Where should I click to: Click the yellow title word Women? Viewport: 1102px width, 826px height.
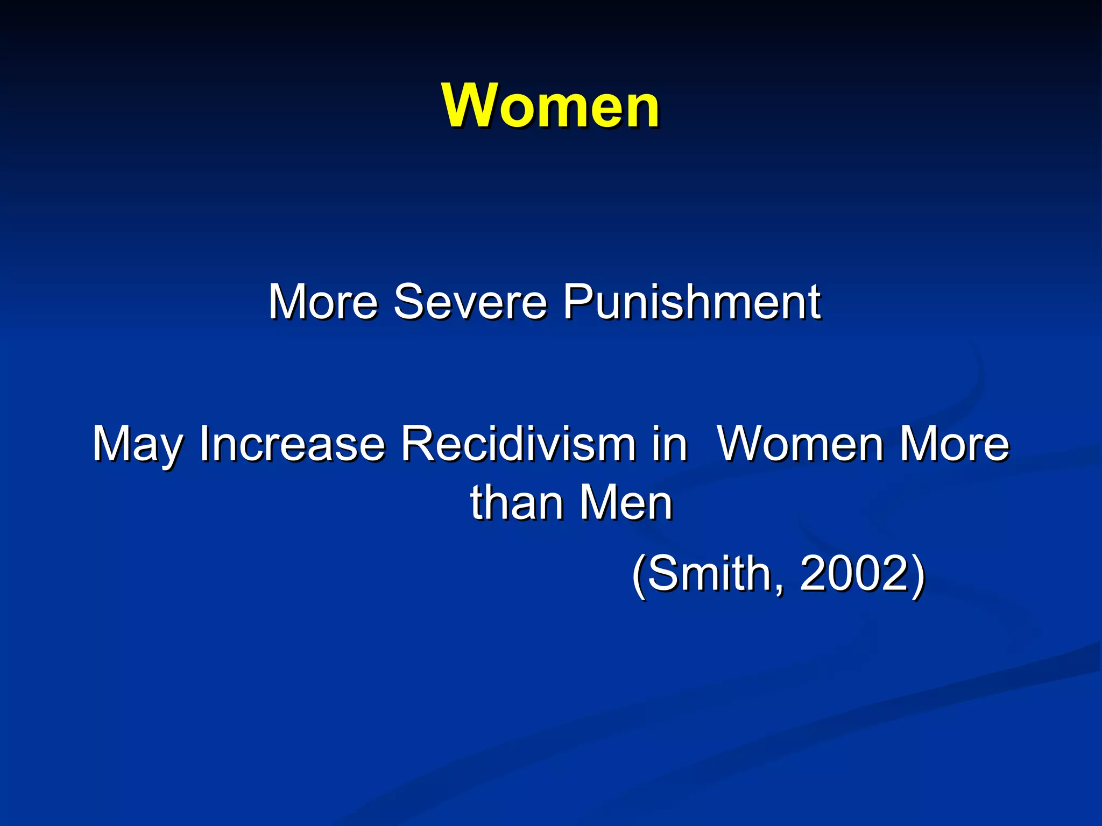[550, 106]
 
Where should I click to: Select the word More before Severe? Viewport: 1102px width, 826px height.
[323, 302]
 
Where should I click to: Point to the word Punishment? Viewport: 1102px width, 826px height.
[691, 302]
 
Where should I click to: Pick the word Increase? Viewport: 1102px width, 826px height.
[292, 444]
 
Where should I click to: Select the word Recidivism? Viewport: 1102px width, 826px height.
[517, 444]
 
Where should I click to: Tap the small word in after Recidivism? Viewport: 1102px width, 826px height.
[669, 444]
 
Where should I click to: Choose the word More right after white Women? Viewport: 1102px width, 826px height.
[955, 444]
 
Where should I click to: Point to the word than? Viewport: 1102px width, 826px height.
[517, 503]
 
